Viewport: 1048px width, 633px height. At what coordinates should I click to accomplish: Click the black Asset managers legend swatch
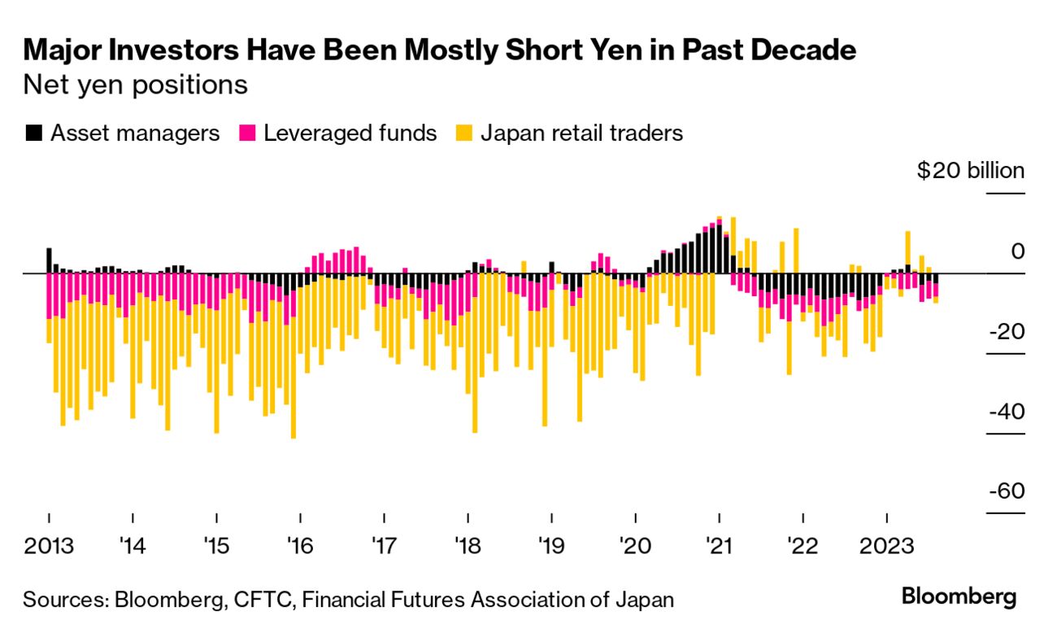pos(34,133)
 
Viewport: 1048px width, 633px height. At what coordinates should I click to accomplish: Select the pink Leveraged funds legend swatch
pos(247,133)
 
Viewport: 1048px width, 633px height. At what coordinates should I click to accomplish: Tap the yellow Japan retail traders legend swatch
pos(463,133)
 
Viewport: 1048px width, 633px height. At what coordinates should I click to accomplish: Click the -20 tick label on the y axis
pos(1005,332)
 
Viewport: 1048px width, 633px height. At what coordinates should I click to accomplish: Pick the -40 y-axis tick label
pos(1005,412)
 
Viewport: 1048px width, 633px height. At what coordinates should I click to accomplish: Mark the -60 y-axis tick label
pos(1005,491)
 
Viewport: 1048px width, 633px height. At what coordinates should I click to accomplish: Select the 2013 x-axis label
pos(49,544)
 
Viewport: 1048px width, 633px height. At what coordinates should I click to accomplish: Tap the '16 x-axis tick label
pos(300,544)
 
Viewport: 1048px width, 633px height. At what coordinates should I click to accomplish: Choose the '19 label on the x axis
pos(551,544)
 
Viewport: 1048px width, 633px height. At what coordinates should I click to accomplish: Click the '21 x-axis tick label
pos(719,544)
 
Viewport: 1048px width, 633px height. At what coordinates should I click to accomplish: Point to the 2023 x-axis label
pos(886,544)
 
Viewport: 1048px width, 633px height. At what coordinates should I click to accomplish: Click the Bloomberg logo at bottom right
pos(959,597)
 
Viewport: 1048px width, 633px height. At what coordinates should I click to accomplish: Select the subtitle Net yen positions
pos(135,85)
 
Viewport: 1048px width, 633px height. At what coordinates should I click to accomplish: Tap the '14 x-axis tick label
pos(133,544)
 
